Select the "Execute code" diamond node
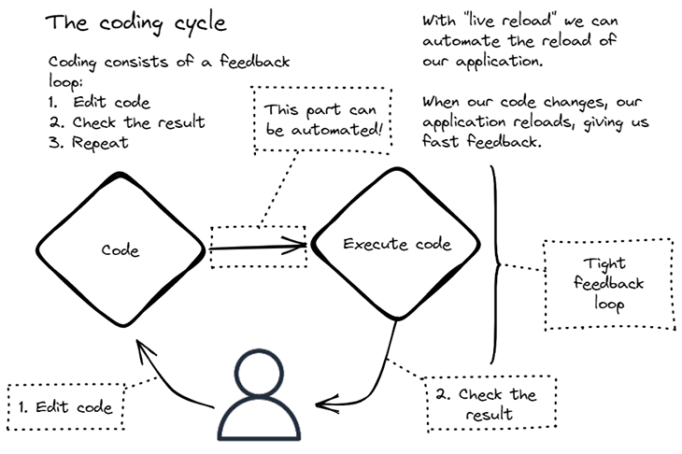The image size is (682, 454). [x=397, y=245]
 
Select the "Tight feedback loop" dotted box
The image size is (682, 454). [x=608, y=284]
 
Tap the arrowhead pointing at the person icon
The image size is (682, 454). [x=322, y=404]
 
